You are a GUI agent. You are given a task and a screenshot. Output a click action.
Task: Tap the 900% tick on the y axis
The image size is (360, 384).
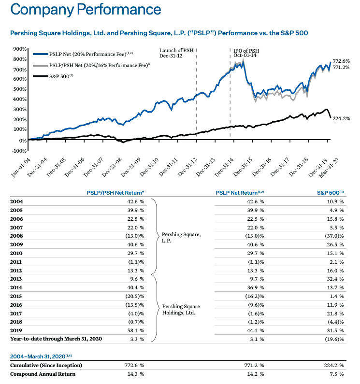[20, 49]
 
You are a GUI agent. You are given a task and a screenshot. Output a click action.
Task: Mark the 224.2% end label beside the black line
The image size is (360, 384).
[341, 118]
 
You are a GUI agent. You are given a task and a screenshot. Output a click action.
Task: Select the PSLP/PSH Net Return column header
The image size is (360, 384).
[115, 192]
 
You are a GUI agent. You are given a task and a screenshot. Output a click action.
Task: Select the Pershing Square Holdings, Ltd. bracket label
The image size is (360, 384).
[181, 310]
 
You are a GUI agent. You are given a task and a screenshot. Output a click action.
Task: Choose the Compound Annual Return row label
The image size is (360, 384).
[43, 374]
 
